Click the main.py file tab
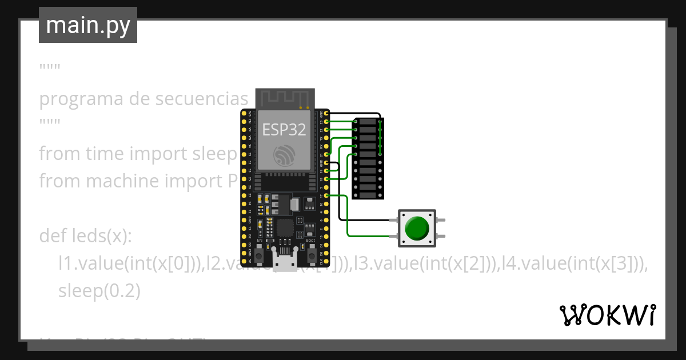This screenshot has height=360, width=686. click(x=88, y=25)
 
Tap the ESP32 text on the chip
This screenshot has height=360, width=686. click(x=284, y=129)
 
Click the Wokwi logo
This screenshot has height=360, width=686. click(x=607, y=315)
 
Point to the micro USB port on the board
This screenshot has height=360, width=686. click(x=285, y=262)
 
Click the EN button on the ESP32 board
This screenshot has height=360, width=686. click(x=260, y=255)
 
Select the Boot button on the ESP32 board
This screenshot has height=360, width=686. click(x=312, y=255)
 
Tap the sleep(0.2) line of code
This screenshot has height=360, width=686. click(x=99, y=291)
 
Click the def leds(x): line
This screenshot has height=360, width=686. click(x=86, y=236)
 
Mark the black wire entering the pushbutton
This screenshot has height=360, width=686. click(x=372, y=219)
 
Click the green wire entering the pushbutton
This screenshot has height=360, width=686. click(x=372, y=235)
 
